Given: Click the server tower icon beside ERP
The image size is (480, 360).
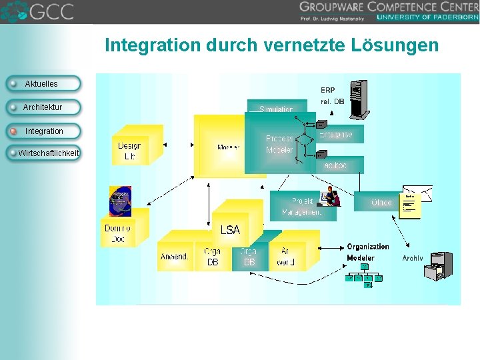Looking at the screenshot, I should (359, 97).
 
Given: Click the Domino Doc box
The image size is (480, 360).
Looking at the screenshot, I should (117, 233).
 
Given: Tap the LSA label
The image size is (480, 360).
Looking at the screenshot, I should (230, 229).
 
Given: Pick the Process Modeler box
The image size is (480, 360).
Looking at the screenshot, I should (279, 144).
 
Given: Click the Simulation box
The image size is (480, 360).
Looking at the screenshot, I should (276, 109).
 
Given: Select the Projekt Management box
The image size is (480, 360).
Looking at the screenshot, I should (300, 206).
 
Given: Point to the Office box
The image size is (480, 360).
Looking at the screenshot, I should (382, 201).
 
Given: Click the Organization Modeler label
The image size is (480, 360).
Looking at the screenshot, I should (367, 252).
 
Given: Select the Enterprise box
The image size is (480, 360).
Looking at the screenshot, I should (337, 134).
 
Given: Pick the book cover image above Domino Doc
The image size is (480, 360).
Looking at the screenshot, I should (120, 201).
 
